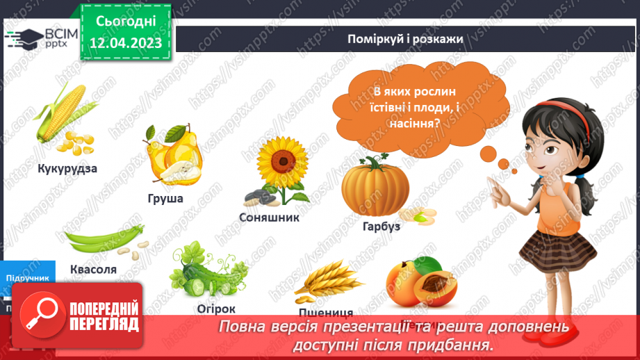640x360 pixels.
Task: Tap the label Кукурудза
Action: tap(67, 169)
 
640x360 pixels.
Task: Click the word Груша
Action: tap(165, 199)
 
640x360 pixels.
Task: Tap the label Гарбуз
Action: tap(381, 226)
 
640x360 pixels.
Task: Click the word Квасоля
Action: tap(93, 269)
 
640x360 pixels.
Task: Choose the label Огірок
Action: tap(216, 309)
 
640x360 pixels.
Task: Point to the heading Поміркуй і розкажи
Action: tap(406, 39)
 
